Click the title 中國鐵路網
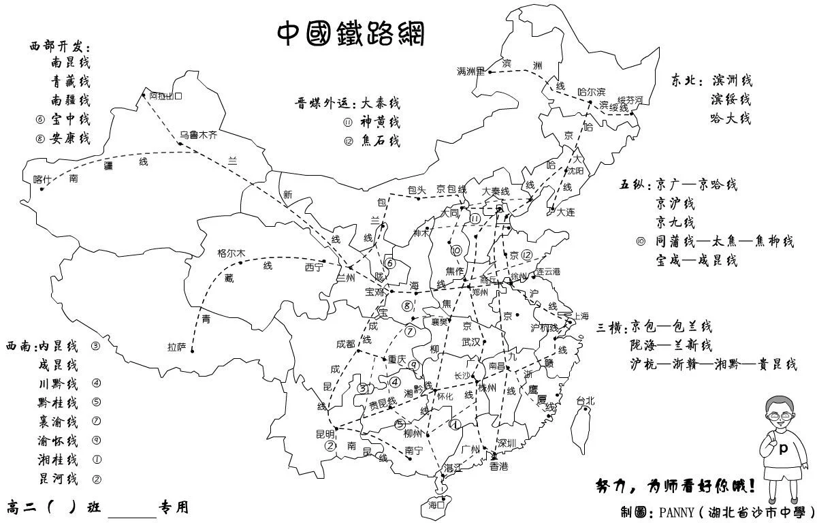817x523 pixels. (x=351, y=33)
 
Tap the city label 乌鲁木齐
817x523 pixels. (x=199, y=136)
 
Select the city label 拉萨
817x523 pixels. (x=176, y=347)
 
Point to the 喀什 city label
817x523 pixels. (x=42, y=180)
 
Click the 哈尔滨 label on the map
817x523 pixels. (x=591, y=91)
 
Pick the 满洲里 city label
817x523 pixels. (x=470, y=72)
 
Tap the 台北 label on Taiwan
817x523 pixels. (x=585, y=400)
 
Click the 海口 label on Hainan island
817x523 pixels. (x=436, y=505)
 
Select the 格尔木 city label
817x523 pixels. (x=231, y=253)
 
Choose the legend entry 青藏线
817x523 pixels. (x=70, y=81)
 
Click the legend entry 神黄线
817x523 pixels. (x=380, y=123)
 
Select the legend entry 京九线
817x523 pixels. (x=675, y=222)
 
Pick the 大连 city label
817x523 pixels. (x=565, y=212)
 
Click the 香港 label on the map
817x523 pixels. (x=498, y=466)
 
